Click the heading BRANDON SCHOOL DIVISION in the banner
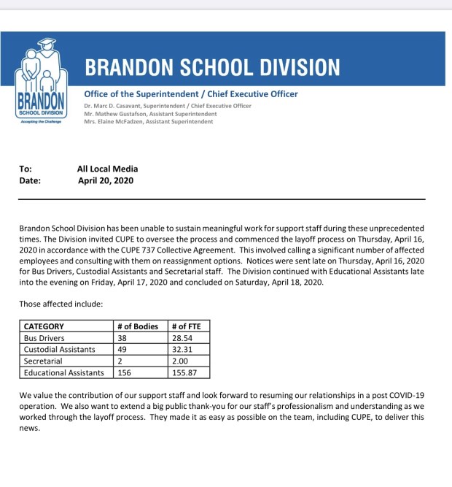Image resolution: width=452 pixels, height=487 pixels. point(212,68)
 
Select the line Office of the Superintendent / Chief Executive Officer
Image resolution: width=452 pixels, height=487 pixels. point(191,94)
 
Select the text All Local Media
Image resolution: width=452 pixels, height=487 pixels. point(107,169)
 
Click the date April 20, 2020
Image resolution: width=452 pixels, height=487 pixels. point(106,180)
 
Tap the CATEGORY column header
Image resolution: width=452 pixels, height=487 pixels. point(44,326)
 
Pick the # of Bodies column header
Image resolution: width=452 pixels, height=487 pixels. point(138,326)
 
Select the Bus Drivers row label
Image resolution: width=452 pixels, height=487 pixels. point(44,338)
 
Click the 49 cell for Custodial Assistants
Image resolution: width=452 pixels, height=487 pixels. point(122,350)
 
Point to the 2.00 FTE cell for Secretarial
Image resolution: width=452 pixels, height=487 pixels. point(179,361)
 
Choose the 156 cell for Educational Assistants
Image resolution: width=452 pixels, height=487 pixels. point(125,373)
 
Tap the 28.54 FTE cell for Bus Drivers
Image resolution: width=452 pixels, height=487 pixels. point(182,338)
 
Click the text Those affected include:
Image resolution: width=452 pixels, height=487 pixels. point(61,303)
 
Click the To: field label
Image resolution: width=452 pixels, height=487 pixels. point(26,169)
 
